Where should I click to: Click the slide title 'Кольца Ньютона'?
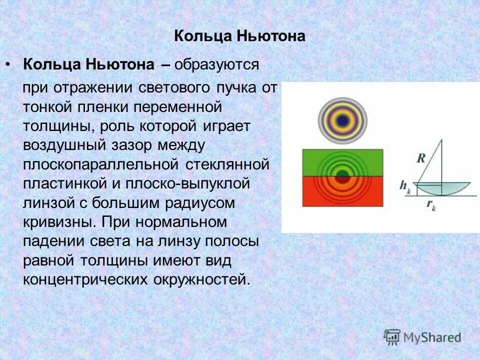[240, 36]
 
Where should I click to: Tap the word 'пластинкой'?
[62, 183]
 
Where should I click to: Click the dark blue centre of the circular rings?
[342, 120]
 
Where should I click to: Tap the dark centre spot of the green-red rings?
[342, 176]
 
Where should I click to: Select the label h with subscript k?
[404, 185]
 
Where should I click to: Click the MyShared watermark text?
[432, 337]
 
